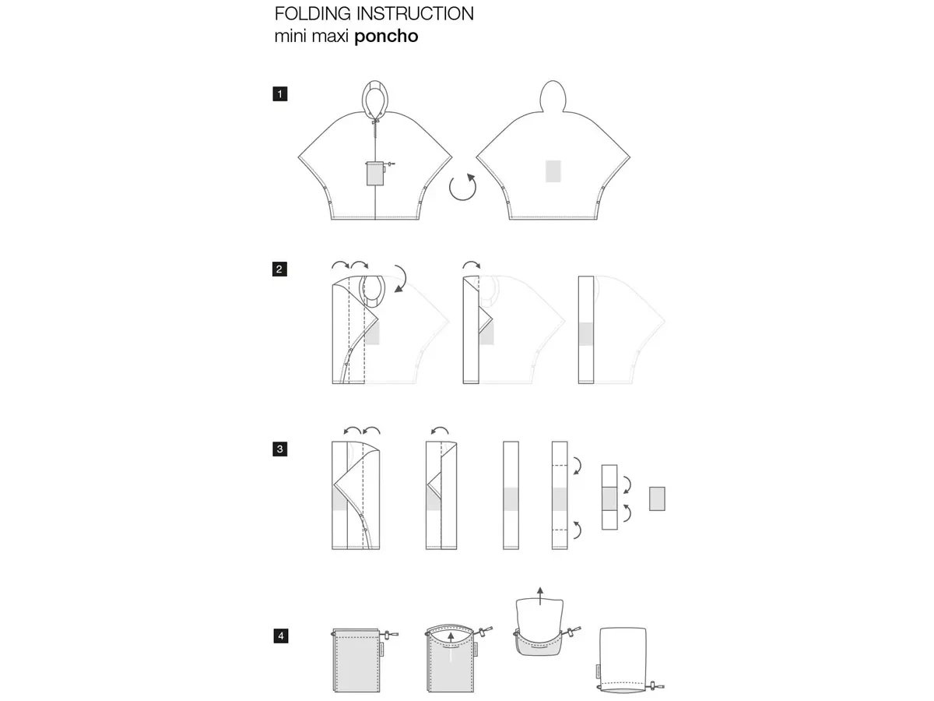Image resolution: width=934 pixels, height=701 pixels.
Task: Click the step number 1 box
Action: [x=279, y=94]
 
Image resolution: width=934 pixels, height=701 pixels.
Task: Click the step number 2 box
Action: [x=279, y=269]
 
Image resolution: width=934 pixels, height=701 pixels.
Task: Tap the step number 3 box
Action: [x=279, y=449]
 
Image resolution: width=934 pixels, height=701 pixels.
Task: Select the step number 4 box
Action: [x=280, y=636]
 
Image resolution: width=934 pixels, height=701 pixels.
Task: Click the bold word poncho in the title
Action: [x=386, y=36]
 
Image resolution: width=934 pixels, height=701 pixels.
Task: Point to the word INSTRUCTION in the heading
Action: [x=415, y=13]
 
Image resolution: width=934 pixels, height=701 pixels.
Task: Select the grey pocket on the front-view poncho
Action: [x=375, y=174]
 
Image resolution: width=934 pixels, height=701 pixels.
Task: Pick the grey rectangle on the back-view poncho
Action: [x=553, y=171]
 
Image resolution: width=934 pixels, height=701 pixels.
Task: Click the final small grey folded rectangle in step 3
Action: [x=657, y=498]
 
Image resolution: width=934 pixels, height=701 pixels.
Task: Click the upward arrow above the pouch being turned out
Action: [x=540, y=596]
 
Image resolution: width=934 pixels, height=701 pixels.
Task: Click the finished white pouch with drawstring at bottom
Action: [x=623, y=658]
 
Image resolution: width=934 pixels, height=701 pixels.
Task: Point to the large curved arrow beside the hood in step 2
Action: [x=402, y=278]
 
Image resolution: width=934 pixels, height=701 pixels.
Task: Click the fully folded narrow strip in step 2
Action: [x=586, y=329]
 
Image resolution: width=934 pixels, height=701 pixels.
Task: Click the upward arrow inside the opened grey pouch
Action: [x=451, y=647]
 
